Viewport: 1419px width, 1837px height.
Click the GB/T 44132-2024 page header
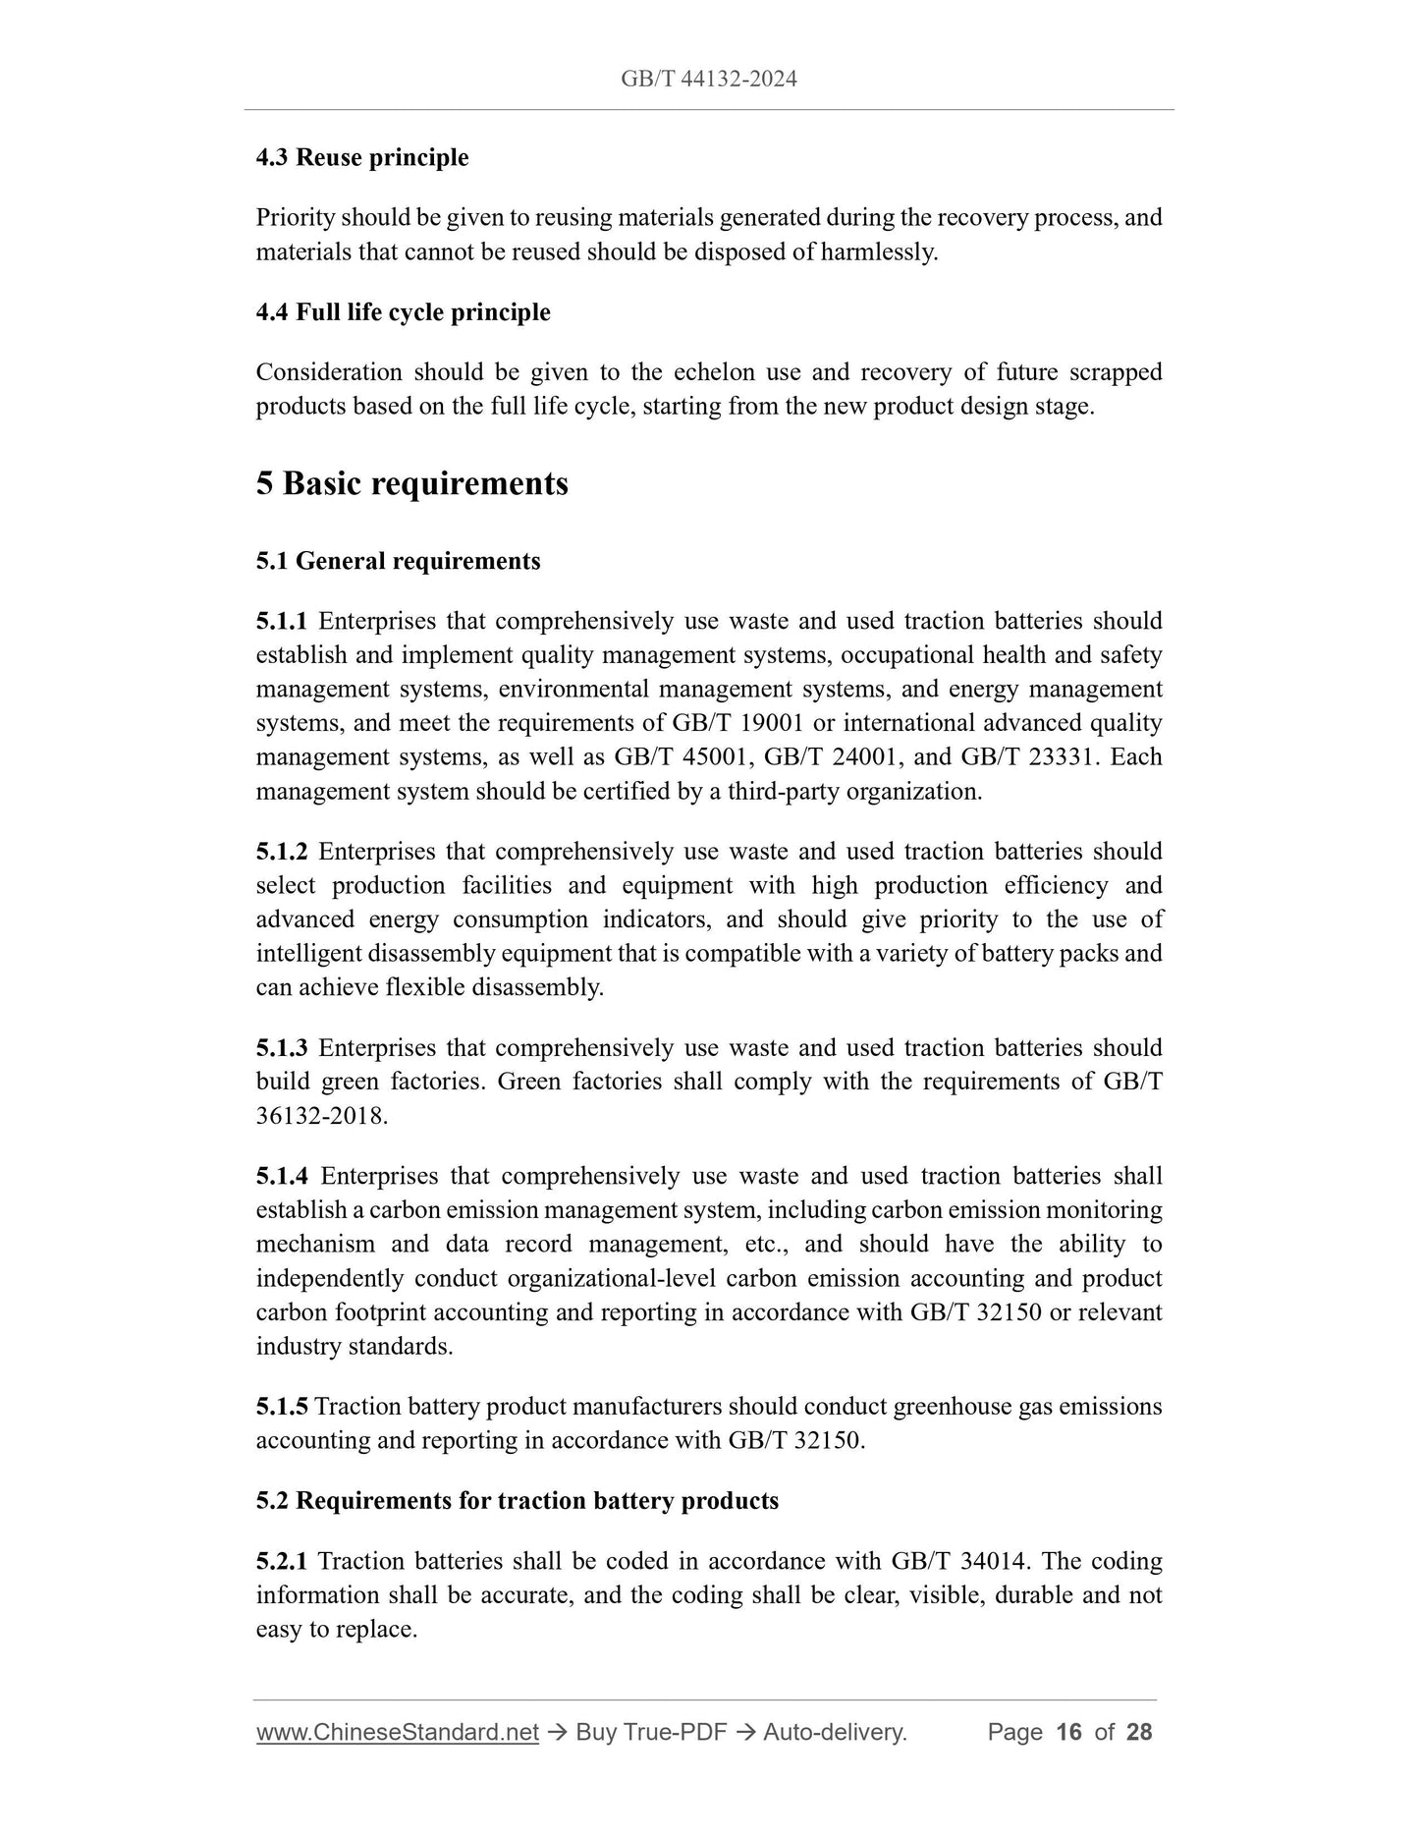pyautogui.click(x=708, y=80)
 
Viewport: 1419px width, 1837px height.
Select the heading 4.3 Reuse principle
pyautogui.click(x=361, y=157)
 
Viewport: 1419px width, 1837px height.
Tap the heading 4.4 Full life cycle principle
pyautogui.click(x=403, y=312)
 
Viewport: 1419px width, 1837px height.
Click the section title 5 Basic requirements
pyautogui.click(x=411, y=483)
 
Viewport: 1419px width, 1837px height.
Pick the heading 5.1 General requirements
pyautogui.click(x=398, y=561)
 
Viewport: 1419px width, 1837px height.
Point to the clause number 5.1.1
pyautogui.click(x=281, y=621)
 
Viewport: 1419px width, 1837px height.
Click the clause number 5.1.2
pyautogui.click(x=281, y=852)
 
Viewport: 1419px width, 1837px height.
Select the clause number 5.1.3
pyautogui.click(x=281, y=1048)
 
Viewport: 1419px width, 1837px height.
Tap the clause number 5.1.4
pyautogui.click(x=281, y=1176)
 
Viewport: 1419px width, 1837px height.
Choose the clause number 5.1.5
pyautogui.click(x=281, y=1407)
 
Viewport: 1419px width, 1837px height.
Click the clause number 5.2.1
pyautogui.click(x=281, y=1561)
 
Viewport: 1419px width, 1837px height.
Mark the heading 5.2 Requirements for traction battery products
pyautogui.click(x=517, y=1501)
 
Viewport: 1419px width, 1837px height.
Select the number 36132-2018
pyautogui.click(x=320, y=1116)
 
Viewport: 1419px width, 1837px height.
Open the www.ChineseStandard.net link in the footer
pyautogui.click(x=397, y=1732)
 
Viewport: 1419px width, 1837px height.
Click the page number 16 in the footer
pyautogui.click(x=1068, y=1732)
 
